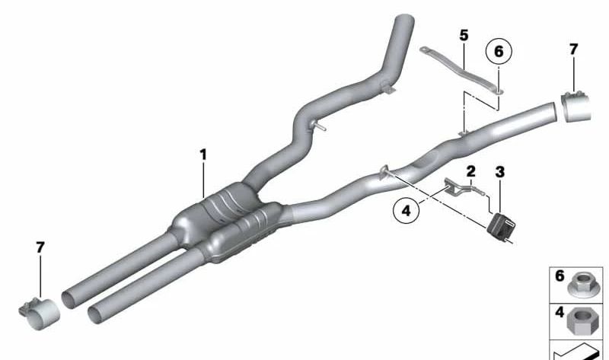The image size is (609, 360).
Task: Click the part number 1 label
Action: point(203,155)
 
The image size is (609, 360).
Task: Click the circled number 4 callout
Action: point(407,209)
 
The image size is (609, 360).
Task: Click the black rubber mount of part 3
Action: point(501,225)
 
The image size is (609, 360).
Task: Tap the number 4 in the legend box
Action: point(560,311)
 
